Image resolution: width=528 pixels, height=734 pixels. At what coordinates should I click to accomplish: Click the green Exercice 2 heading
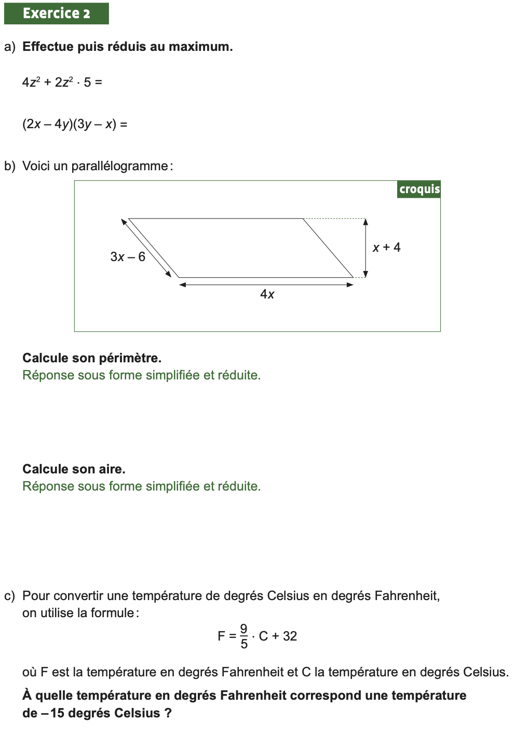[x=56, y=13]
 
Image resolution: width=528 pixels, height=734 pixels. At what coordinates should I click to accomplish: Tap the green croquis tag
[x=419, y=189]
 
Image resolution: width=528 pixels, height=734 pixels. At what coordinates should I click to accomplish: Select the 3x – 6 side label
[x=128, y=257]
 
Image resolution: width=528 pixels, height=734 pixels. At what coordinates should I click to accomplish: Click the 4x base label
[x=267, y=294]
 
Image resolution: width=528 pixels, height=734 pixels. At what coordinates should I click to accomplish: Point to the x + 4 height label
[x=387, y=248]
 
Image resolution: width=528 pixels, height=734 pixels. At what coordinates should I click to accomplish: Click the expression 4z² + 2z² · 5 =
[x=62, y=82]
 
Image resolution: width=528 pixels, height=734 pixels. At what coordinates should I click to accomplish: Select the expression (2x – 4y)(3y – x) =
[x=75, y=124]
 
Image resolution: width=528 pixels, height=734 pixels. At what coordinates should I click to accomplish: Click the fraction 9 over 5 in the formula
[x=244, y=636]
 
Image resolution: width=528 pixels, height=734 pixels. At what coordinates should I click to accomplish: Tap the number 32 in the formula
[x=290, y=636]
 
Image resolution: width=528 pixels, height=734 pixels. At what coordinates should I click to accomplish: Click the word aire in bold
[x=112, y=469]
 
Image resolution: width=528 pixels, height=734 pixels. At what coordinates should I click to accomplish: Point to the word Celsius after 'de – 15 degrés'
[x=137, y=713]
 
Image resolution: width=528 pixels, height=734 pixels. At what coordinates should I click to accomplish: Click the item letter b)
[x=9, y=166]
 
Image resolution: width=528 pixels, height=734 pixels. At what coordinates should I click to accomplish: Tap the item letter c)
[x=9, y=596]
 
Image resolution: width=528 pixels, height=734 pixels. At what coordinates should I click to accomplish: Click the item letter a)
[x=9, y=47]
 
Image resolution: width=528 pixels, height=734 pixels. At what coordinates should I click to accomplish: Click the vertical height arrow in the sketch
[x=365, y=248]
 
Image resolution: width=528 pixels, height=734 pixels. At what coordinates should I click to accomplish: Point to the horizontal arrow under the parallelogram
[x=266, y=284]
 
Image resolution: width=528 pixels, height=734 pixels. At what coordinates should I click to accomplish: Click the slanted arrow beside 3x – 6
[x=146, y=248]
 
